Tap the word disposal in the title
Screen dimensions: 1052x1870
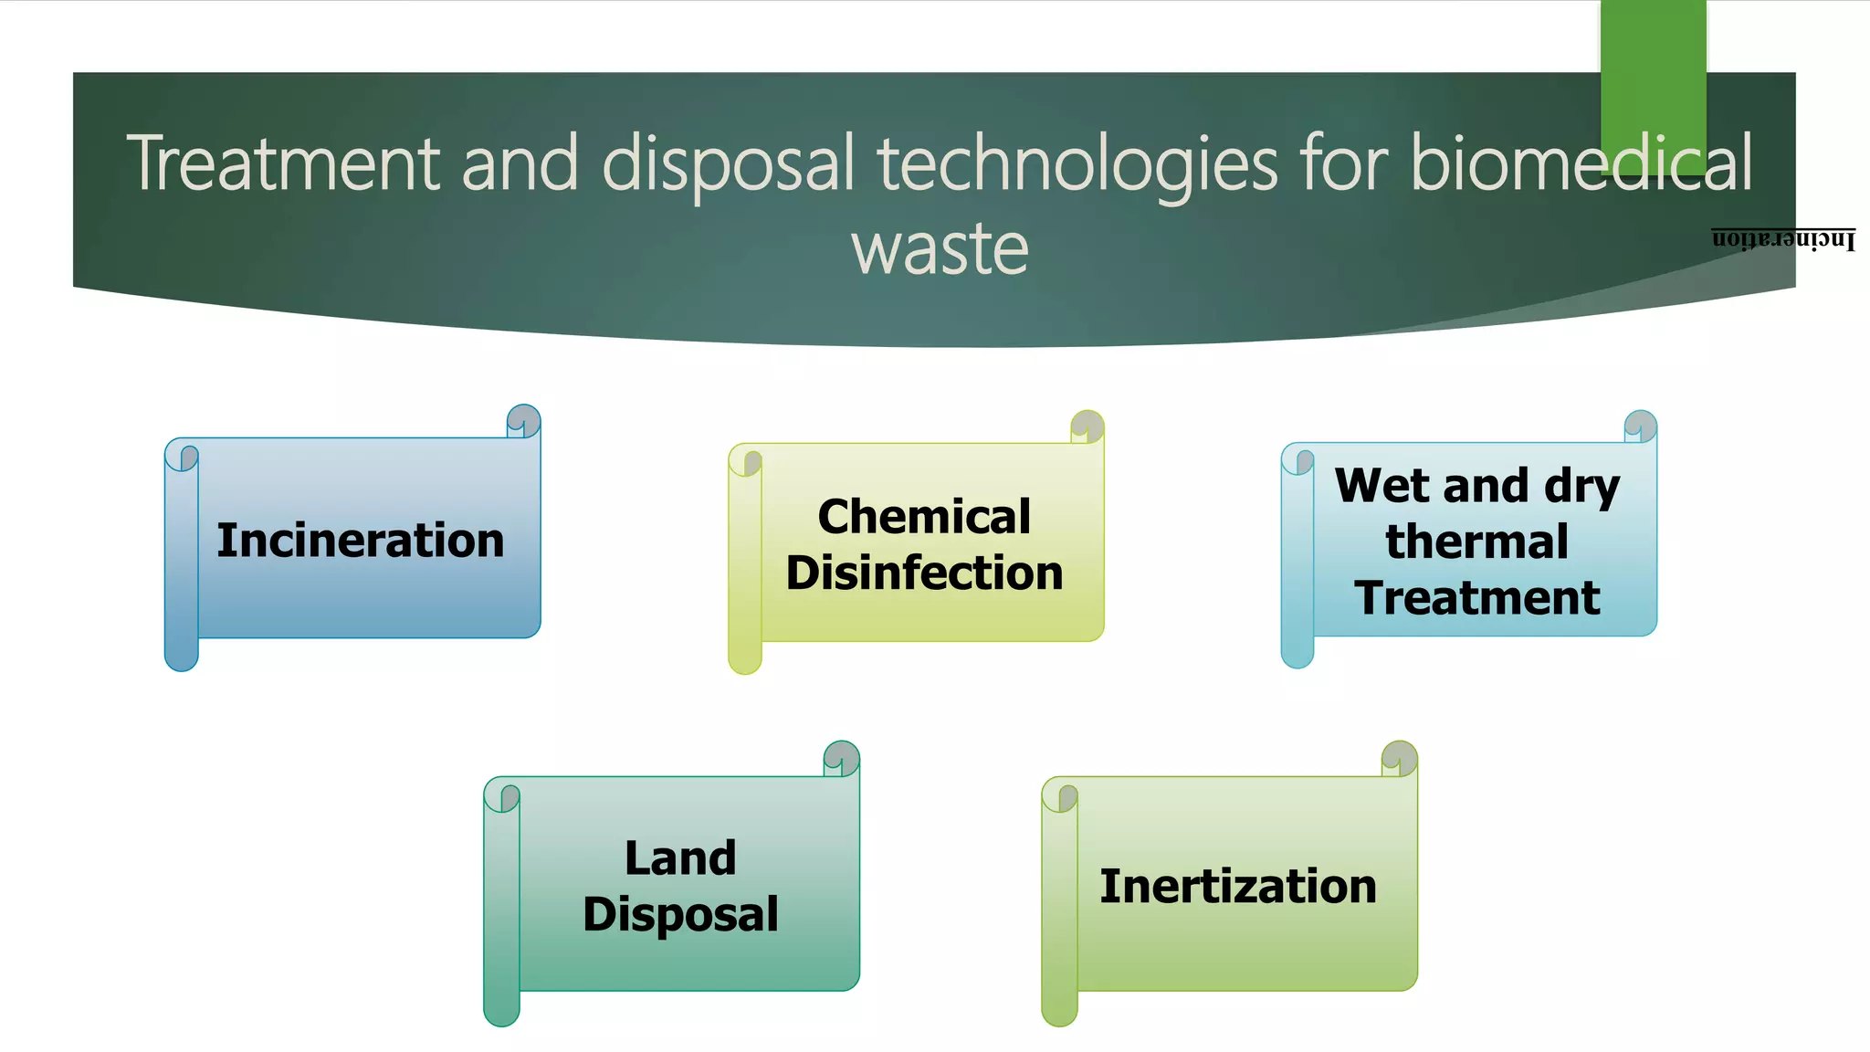729,163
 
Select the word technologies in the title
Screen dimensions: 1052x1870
1077,163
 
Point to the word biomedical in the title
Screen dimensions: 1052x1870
1581,163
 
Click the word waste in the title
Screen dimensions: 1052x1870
940,248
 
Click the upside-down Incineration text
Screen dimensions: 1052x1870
1783,239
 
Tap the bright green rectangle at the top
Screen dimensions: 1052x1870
1653,73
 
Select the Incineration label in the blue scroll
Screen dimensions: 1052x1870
361,540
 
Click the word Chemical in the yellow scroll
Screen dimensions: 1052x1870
924,517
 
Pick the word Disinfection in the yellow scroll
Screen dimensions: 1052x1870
924,573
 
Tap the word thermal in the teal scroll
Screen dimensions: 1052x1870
1476,542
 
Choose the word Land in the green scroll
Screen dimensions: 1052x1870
680,858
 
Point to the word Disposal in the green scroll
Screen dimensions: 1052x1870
680,914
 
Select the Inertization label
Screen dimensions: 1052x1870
1238,887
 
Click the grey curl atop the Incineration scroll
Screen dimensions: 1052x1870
524,419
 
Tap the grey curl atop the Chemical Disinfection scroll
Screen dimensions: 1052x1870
1087,425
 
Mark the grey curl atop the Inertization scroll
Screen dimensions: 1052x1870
1399,757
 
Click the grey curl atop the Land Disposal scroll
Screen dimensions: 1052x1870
841,757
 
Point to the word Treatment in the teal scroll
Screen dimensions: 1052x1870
1476,598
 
